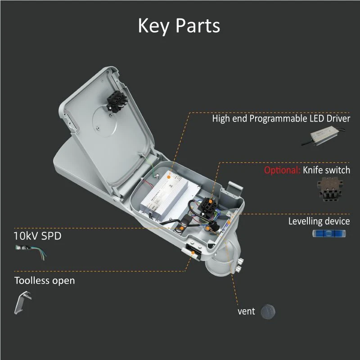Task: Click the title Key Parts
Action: (179, 26)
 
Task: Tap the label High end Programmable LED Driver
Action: (281, 119)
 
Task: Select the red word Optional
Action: (282, 170)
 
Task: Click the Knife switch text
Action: (327, 170)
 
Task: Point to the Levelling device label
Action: (319, 221)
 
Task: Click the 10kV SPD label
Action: (38, 236)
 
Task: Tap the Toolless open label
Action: (45, 280)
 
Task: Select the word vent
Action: (246, 311)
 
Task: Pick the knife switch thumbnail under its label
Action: (330, 189)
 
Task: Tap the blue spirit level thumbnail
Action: (329, 234)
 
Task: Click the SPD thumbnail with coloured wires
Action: (31, 252)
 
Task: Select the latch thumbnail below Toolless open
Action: (23, 302)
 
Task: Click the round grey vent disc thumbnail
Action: (268, 312)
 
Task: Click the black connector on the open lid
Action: (117, 101)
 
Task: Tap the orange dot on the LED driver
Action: (169, 177)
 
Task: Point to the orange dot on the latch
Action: (193, 252)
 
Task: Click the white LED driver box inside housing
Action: (170, 195)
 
